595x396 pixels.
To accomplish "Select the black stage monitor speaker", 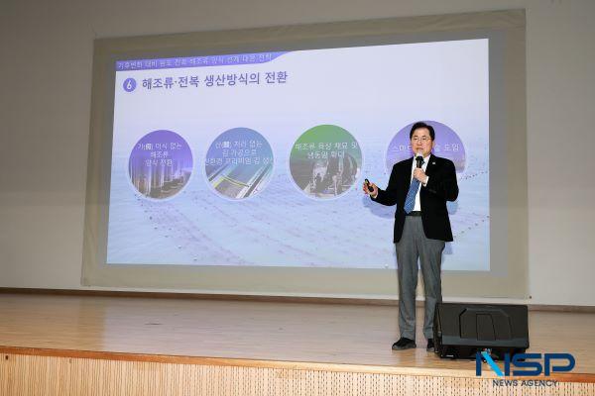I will pos(481,330).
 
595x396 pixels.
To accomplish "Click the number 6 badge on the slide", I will pos(129,84).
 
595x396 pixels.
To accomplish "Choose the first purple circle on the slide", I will pos(160,163).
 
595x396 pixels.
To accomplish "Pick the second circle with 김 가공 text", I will pos(239,162).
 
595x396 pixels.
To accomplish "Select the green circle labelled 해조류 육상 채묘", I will pos(325,160).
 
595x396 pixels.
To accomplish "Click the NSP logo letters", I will pos(525,363).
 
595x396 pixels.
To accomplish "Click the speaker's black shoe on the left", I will pos(404,344).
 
